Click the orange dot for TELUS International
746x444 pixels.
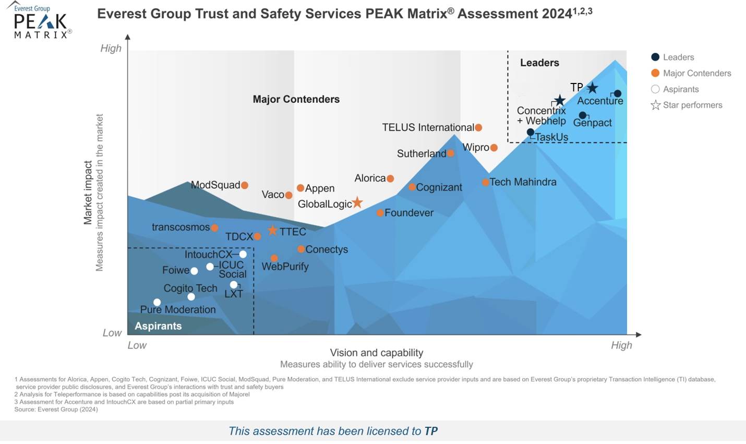[x=478, y=127]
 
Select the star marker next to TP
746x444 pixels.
[x=592, y=88]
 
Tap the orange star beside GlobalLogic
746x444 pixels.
[x=357, y=202]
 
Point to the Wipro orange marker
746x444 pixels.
[x=494, y=148]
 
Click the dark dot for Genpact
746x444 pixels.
[x=583, y=115]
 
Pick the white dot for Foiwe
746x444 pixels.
[x=194, y=271]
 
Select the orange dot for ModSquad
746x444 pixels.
[x=245, y=185]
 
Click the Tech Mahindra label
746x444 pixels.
[x=523, y=182]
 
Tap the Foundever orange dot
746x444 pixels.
[x=380, y=213]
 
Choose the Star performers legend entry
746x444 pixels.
[x=687, y=105]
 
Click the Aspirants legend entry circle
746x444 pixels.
[x=655, y=89]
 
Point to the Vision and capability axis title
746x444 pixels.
[x=376, y=353]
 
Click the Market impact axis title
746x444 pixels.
[x=88, y=193]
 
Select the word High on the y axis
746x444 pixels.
[x=111, y=49]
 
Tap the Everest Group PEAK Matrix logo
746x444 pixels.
[x=41, y=21]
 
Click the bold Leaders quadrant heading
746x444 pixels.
[x=539, y=63]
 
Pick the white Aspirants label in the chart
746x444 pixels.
[x=158, y=326]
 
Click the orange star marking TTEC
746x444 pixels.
[x=272, y=230]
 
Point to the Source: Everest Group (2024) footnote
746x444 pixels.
[x=56, y=410]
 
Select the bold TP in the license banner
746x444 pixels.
[x=431, y=431]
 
